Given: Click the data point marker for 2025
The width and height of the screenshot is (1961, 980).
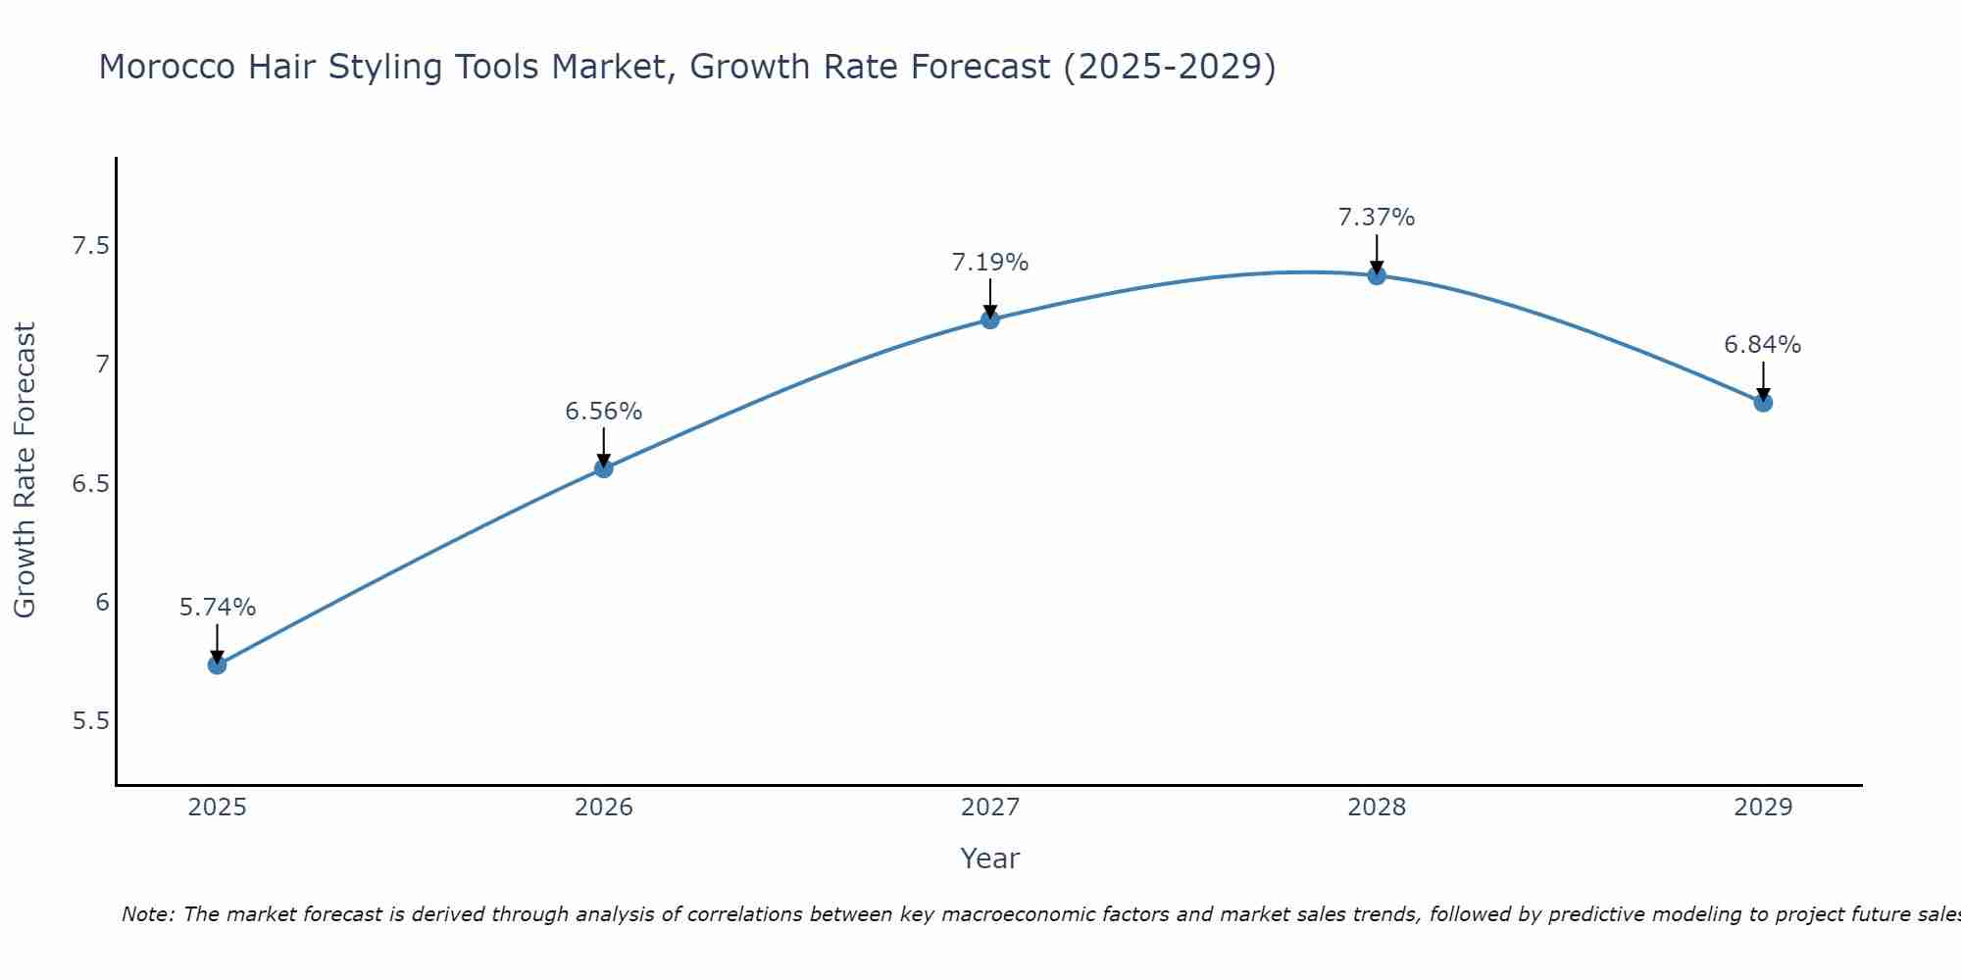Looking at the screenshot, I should point(218,665).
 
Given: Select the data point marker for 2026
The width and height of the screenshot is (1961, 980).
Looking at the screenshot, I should point(604,468).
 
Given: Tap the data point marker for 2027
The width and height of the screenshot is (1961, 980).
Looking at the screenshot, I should point(990,319).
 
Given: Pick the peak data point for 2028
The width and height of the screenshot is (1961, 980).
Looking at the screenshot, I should point(1377,275).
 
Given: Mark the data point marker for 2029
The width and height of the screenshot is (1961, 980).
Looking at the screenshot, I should point(1763,403).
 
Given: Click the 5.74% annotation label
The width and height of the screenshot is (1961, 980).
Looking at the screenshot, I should point(218,608).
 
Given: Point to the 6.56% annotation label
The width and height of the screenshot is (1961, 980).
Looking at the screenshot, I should point(604,412).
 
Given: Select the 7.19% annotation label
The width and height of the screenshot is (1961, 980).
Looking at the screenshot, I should point(990,263).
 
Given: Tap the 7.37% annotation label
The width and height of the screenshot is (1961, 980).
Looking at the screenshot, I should point(1377,218).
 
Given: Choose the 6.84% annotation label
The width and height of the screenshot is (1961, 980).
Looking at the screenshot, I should point(1763,345).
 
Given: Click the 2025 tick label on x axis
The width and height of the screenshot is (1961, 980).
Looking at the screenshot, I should point(218,808).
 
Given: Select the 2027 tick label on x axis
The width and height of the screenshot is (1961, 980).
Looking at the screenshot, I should point(990,808).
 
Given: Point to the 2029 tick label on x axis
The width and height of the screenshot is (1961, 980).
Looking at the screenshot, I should point(1763,808).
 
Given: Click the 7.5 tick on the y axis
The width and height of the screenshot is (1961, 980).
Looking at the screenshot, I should point(90,245).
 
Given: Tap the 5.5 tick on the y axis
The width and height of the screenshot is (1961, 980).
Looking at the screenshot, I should point(90,721).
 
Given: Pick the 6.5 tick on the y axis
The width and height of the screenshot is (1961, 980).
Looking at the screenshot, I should point(90,484).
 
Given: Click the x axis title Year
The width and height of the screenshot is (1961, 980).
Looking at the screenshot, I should point(990,858).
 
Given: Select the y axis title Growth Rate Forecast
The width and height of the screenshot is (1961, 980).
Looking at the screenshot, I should point(25,470).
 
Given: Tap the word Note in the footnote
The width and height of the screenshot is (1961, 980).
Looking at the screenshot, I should point(147,914).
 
